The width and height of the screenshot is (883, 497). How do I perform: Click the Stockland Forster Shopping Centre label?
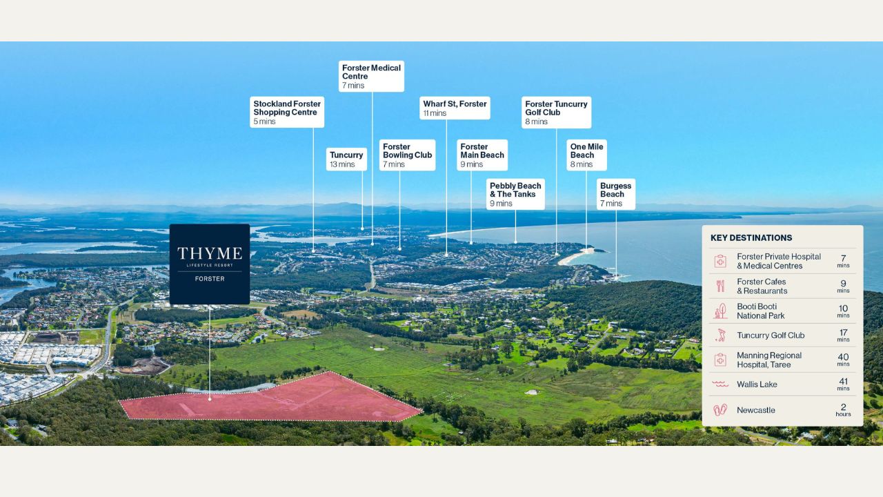(x=287, y=112)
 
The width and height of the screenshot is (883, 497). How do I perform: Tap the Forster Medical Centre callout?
(x=371, y=76)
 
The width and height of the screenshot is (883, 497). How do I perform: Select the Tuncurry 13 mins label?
(x=346, y=159)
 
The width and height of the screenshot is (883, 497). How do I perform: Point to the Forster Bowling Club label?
(x=407, y=155)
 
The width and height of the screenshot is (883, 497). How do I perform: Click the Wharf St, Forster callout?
(x=455, y=108)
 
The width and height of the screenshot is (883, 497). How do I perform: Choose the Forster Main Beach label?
(x=482, y=155)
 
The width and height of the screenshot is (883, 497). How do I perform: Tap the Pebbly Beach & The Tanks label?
(x=515, y=194)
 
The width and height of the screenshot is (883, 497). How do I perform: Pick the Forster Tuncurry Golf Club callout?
(x=556, y=113)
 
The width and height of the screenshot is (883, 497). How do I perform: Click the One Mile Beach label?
(x=586, y=155)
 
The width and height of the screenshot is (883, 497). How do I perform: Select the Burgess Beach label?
(x=616, y=194)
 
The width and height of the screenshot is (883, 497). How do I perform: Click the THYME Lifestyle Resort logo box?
(x=210, y=264)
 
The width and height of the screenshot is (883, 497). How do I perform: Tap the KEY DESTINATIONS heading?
(x=751, y=238)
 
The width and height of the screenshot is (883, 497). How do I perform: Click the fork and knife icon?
(x=720, y=286)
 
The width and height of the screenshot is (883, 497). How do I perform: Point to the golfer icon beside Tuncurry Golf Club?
(x=721, y=335)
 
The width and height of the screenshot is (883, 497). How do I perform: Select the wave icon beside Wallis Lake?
(x=720, y=384)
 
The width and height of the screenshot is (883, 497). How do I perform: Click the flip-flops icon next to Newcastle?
(x=720, y=410)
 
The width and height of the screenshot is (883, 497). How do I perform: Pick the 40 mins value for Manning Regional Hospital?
(x=843, y=360)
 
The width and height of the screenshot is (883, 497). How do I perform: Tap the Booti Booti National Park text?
(x=761, y=311)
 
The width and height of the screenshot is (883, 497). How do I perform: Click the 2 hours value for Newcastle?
(x=843, y=410)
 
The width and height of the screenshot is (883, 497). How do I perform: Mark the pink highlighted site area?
(x=272, y=398)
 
